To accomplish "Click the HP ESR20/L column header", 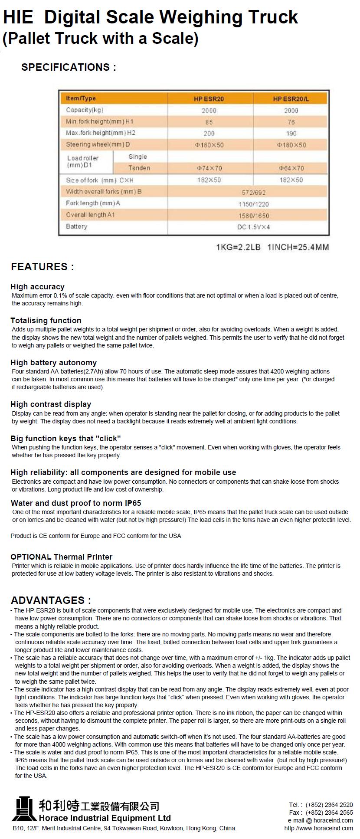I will [x=291, y=99].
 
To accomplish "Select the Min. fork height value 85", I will [x=209, y=122].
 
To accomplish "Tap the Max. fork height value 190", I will [x=291, y=134].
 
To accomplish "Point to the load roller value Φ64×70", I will [x=291, y=168].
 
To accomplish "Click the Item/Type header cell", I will [x=81, y=98].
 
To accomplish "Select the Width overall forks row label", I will [x=104, y=192].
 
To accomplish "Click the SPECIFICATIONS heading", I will [x=69, y=67].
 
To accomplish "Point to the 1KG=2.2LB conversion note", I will [x=238, y=247].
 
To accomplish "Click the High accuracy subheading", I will [x=37, y=287].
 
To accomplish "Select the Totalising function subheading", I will [x=46, y=321].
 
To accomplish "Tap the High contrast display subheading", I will [x=51, y=404].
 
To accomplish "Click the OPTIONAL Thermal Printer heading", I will [x=62, y=557].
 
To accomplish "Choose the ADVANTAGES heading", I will [x=51, y=600].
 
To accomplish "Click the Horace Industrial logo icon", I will [x=24, y=809].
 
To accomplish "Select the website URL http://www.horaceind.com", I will [x=318, y=828].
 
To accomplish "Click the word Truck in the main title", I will [x=273, y=17].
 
